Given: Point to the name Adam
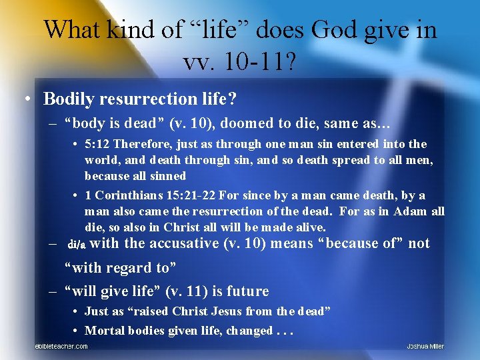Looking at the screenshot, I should [411, 211].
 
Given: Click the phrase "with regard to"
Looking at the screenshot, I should [120, 267].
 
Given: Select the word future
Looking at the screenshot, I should [247, 291].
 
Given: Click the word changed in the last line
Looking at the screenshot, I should [249, 331].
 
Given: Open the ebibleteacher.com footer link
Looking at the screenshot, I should [61, 347].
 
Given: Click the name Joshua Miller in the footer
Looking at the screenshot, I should [425, 347].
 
